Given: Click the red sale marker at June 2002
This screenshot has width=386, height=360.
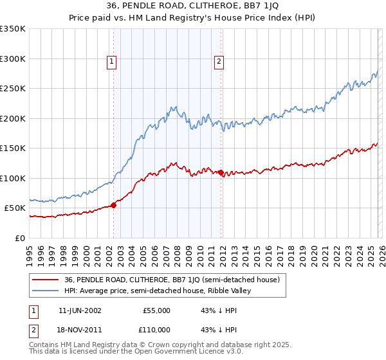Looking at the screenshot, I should [x=113, y=205].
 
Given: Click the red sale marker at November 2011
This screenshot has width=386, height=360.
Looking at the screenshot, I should [x=221, y=172].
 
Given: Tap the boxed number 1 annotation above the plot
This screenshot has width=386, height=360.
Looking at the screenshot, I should [x=111, y=62].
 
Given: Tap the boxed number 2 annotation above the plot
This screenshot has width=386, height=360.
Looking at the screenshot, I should [x=219, y=62].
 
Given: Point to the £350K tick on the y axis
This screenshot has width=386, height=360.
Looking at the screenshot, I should [x=13, y=29].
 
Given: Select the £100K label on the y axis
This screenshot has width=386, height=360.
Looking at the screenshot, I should [x=13, y=178].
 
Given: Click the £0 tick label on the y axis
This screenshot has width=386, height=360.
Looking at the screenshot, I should [x=19, y=238].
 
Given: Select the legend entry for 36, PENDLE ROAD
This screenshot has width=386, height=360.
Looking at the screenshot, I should [x=171, y=280].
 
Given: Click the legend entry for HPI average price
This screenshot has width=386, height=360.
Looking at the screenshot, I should [x=160, y=291].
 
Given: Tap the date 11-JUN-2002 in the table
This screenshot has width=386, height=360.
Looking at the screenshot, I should [x=80, y=310].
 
